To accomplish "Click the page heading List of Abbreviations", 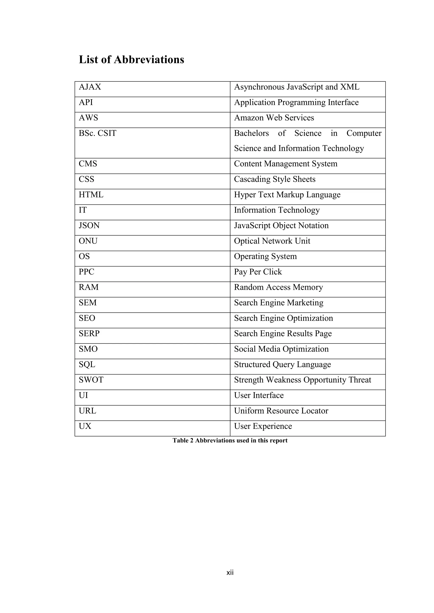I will point(131,59).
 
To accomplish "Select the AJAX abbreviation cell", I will point(90,87).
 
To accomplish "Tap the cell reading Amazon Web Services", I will point(274,118).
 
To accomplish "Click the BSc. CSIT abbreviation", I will point(97,133).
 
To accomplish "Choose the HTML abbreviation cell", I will point(91,195).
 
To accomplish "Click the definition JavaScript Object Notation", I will point(281,226).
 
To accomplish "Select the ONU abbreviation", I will point(88,241).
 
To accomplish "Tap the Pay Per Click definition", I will point(258,272).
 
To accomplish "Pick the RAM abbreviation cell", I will point(88,287).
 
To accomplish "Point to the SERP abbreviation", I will point(89,334).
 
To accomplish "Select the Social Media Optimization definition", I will point(281,349).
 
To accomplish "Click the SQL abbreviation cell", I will point(87,365).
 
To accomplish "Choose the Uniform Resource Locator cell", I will point(281,411).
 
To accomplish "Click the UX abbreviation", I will point(85,426).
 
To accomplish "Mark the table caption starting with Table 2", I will point(230,440).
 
